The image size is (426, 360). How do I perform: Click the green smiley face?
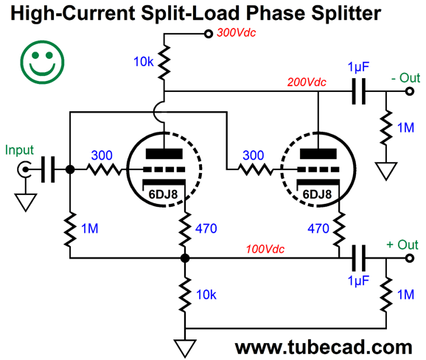[x=42, y=62]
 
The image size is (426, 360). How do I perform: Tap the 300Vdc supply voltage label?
[x=236, y=33]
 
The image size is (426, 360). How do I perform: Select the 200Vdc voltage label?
[x=307, y=82]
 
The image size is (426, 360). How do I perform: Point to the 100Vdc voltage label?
[x=265, y=249]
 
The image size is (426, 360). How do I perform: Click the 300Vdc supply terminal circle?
[x=209, y=34]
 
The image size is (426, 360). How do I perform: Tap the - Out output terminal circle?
[x=410, y=91]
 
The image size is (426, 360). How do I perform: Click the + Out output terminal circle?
[x=410, y=258]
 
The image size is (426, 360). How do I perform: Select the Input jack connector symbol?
[x=24, y=169]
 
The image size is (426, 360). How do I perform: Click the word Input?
[x=19, y=150]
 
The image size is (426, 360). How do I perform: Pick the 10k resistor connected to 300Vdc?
[x=164, y=63]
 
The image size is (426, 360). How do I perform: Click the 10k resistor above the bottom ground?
[x=185, y=294]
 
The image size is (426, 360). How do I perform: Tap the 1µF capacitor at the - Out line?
[x=359, y=91]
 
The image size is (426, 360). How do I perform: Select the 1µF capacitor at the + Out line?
[x=359, y=258]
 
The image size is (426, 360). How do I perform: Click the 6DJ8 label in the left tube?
[x=163, y=194]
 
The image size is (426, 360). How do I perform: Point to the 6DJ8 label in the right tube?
[x=317, y=194]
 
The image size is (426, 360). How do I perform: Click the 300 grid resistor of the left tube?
[x=104, y=169]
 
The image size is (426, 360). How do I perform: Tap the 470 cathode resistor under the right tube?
[x=339, y=230]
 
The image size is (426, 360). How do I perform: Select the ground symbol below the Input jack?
[x=26, y=202]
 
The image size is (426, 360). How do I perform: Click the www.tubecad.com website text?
[x=324, y=347]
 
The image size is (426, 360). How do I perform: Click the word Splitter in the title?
[x=346, y=13]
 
